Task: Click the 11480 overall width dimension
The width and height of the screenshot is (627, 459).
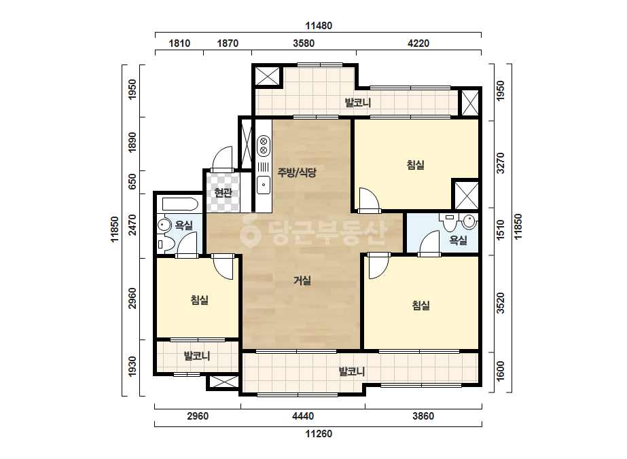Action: coord(319,26)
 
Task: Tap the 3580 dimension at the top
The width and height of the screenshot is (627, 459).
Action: coord(304,43)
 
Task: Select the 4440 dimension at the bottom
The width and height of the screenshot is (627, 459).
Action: coord(303,416)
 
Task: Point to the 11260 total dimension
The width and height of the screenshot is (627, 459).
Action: coord(319,434)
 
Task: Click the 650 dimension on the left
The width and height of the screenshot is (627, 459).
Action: coord(132,181)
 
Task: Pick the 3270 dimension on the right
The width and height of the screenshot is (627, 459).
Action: coord(500,163)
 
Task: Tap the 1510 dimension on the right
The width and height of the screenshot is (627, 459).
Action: coord(500,230)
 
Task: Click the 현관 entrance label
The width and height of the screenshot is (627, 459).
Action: coord(223,193)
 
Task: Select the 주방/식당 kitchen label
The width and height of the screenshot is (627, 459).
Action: coord(297,172)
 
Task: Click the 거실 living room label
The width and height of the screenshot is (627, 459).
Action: coord(302,280)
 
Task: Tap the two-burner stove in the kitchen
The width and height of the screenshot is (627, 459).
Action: coord(264,145)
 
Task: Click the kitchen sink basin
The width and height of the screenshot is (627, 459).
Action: coord(264,185)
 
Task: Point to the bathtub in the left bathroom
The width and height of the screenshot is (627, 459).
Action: coord(180,204)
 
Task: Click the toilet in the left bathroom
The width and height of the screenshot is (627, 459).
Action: coord(166,244)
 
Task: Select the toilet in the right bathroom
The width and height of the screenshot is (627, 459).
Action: coord(449,222)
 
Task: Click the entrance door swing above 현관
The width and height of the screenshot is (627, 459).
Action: coord(222,159)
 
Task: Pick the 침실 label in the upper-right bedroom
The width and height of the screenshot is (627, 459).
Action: coord(416,165)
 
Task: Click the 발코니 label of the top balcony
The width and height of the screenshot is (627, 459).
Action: coord(358,103)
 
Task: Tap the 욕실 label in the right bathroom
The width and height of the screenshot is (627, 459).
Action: coord(459,240)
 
